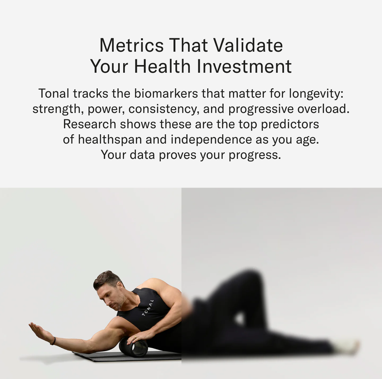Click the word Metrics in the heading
tap(131, 45)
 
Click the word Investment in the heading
tap(244, 66)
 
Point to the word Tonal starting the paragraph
tap(54, 93)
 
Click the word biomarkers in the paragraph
tap(166, 93)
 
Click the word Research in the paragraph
tap(89, 124)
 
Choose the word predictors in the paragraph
tap(290, 124)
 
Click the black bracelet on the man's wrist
tap(53, 341)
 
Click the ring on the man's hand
tap(135, 336)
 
